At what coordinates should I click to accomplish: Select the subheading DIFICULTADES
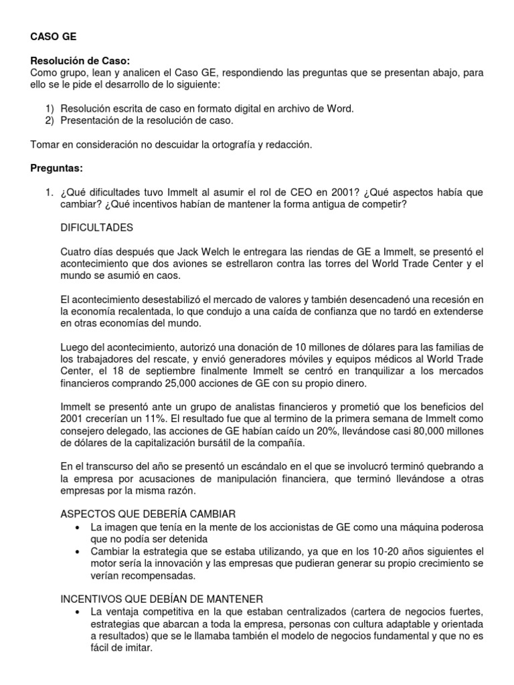pyautogui.click(x=97, y=227)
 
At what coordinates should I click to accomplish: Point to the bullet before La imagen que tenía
pyautogui.click(x=80, y=526)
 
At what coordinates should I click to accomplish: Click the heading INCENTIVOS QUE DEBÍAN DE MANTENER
pyautogui.click(x=162, y=598)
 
